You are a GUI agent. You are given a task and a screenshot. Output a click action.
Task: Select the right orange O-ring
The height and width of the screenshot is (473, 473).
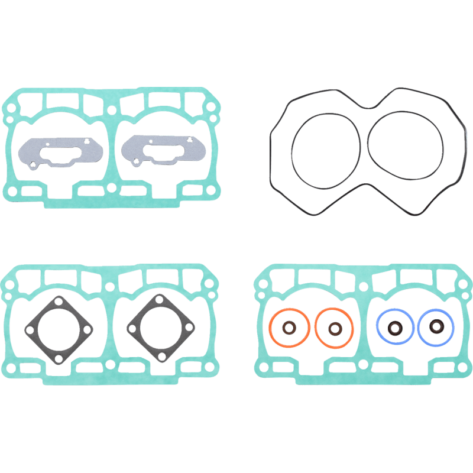[x=316, y=328]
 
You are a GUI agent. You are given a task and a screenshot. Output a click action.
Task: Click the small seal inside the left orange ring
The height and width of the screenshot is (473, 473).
[x=290, y=328]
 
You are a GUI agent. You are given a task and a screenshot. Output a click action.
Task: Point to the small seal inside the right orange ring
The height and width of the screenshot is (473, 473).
[x=335, y=328]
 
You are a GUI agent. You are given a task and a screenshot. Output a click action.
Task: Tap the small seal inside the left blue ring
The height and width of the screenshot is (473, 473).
[x=394, y=326]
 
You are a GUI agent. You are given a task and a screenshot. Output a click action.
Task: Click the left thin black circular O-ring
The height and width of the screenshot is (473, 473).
[x=294, y=148]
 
